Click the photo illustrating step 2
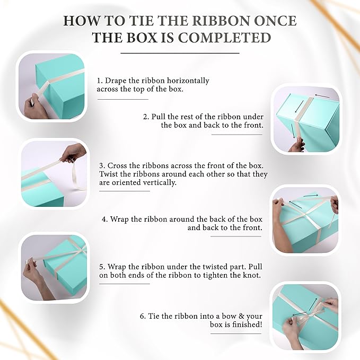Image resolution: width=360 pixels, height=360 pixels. click(305, 119)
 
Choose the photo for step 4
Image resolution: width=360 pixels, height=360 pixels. click(305, 219)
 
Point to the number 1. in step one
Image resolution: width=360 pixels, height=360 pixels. click(100, 81)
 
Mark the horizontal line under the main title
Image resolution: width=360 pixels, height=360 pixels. click(180, 53)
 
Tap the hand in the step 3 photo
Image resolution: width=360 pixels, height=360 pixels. click(73, 153)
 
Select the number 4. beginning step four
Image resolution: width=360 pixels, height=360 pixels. click(105, 218)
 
